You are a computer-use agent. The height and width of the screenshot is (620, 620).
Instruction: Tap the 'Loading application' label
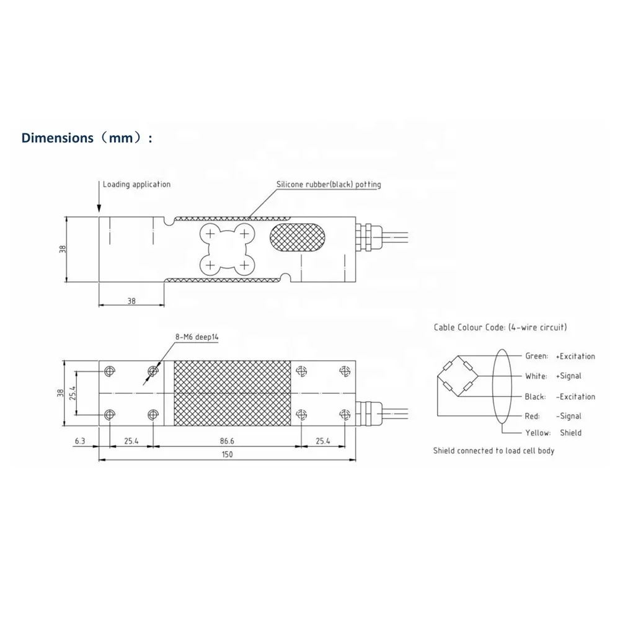click(x=136, y=184)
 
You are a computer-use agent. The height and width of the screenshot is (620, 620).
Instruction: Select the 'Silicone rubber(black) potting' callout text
click(x=329, y=184)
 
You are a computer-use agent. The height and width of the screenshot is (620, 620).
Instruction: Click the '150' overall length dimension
click(x=227, y=454)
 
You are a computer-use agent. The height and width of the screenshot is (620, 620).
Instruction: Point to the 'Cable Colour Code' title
click(x=500, y=327)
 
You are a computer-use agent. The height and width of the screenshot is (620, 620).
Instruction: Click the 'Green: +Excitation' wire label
click(x=560, y=356)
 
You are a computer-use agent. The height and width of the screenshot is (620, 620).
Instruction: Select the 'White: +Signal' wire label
click(x=553, y=376)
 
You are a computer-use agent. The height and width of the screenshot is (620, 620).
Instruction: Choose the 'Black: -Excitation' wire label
click(x=560, y=396)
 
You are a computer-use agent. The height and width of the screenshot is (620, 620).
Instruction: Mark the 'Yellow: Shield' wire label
click(x=553, y=433)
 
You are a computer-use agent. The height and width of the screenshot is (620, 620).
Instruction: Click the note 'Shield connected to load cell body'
click(x=494, y=451)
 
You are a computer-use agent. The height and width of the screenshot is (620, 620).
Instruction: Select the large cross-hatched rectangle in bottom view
click(x=232, y=393)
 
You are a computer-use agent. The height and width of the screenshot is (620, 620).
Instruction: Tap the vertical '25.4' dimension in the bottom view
click(x=72, y=393)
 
